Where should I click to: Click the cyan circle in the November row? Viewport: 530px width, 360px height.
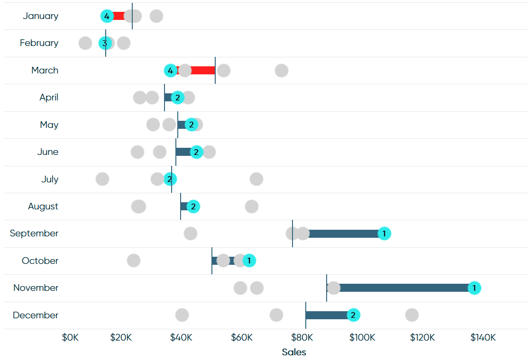tap(474, 288)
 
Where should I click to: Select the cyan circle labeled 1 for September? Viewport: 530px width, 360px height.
tap(384, 234)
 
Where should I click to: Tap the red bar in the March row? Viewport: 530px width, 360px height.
tap(196, 70)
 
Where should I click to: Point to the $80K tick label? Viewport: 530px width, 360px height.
tap(302, 337)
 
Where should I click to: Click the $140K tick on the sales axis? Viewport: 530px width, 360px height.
tap(483, 337)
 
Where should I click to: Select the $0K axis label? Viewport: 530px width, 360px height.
tap(70, 337)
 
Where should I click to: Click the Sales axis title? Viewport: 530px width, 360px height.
tap(294, 352)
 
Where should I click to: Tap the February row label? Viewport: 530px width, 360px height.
tap(39, 43)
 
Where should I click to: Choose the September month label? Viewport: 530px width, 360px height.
tap(34, 234)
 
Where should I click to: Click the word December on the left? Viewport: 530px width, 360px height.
tap(36, 315)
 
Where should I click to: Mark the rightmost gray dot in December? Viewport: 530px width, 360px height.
tap(411, 315)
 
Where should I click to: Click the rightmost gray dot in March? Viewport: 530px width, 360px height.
tap(282, 71)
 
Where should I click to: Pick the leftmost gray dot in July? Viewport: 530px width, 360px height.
tap(102, 179)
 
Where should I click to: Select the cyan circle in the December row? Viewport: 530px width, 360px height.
tap(353, 315)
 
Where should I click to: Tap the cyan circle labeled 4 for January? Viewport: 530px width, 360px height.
tap(107, 16)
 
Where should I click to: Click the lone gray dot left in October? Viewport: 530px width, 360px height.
tap(134, 261)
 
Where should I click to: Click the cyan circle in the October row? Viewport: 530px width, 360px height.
tap(249, 261)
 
